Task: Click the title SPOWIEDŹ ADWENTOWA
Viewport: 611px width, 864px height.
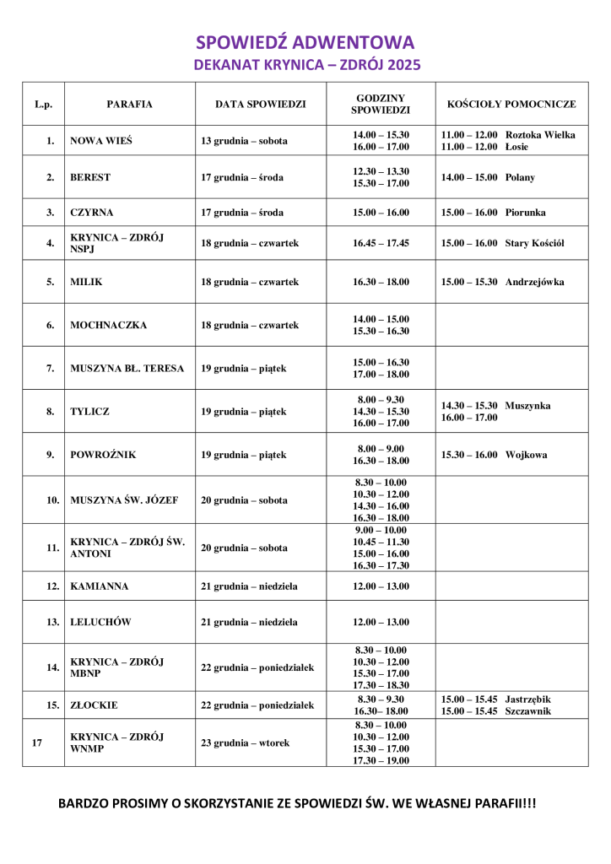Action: [305, 42]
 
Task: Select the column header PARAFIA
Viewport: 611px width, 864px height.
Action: [129, 104]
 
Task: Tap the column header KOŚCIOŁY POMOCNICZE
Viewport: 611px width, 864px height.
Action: [511, 104]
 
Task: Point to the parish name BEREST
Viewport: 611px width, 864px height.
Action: [90, 177]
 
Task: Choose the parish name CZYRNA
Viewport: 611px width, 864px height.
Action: [92, 212]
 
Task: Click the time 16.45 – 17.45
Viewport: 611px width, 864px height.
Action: [381, 243]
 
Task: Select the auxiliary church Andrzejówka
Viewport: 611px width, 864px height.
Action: [535, 282]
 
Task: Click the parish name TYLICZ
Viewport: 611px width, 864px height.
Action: [89, 412]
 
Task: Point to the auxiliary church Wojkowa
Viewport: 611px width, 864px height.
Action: [526, 455]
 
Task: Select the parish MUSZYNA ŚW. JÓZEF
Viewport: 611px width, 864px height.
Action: [124, 499]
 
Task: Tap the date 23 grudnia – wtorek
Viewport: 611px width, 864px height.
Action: [245, 742]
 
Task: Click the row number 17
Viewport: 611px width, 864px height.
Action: [36, 742]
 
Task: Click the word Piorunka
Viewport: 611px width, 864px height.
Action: [525, 212]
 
